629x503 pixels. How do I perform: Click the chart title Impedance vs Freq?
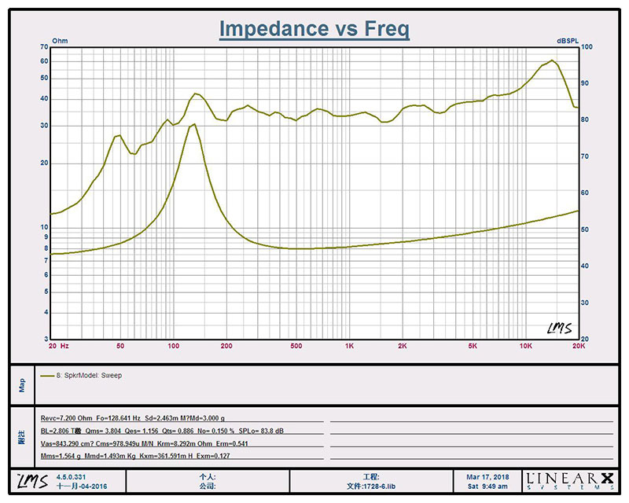[314, 29]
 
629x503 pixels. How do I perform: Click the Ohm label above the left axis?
[60, 40]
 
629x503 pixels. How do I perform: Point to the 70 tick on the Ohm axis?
[44, 47]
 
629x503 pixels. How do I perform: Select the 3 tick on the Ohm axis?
[46, 339]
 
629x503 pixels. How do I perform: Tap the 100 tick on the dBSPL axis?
[586, 47]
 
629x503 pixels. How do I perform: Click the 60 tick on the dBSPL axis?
[585, 193]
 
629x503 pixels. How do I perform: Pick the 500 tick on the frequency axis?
[296, 346]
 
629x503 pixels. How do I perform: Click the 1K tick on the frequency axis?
[349, 346]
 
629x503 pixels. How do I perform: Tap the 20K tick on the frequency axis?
[578, 346]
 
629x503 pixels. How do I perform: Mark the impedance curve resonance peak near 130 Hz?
[193, 124]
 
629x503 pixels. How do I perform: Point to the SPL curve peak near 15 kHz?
[552, 61]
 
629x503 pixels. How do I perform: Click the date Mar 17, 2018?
[487, 476]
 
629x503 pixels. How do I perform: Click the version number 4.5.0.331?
[73, 476]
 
